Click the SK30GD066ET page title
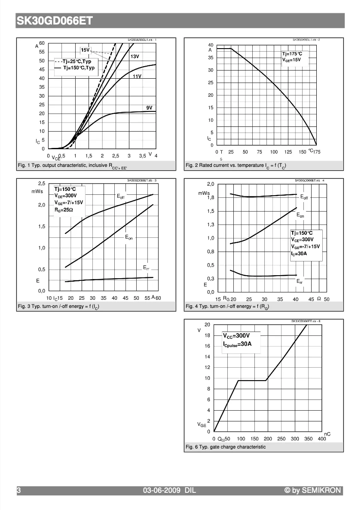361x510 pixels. point(54,21)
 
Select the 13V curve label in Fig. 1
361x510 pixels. point(135,57)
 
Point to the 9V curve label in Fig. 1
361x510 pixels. point(149,108)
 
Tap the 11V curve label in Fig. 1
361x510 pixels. point(137,76)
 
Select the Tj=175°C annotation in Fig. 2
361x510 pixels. point(292,54)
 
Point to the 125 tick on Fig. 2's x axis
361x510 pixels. point(288,152)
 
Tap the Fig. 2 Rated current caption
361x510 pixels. point(236,166)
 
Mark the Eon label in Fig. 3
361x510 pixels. point(129,237)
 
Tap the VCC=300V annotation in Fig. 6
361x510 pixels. point(236,335)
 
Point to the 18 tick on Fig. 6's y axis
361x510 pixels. point(208,335)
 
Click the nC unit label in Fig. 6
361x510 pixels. point(327,434)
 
